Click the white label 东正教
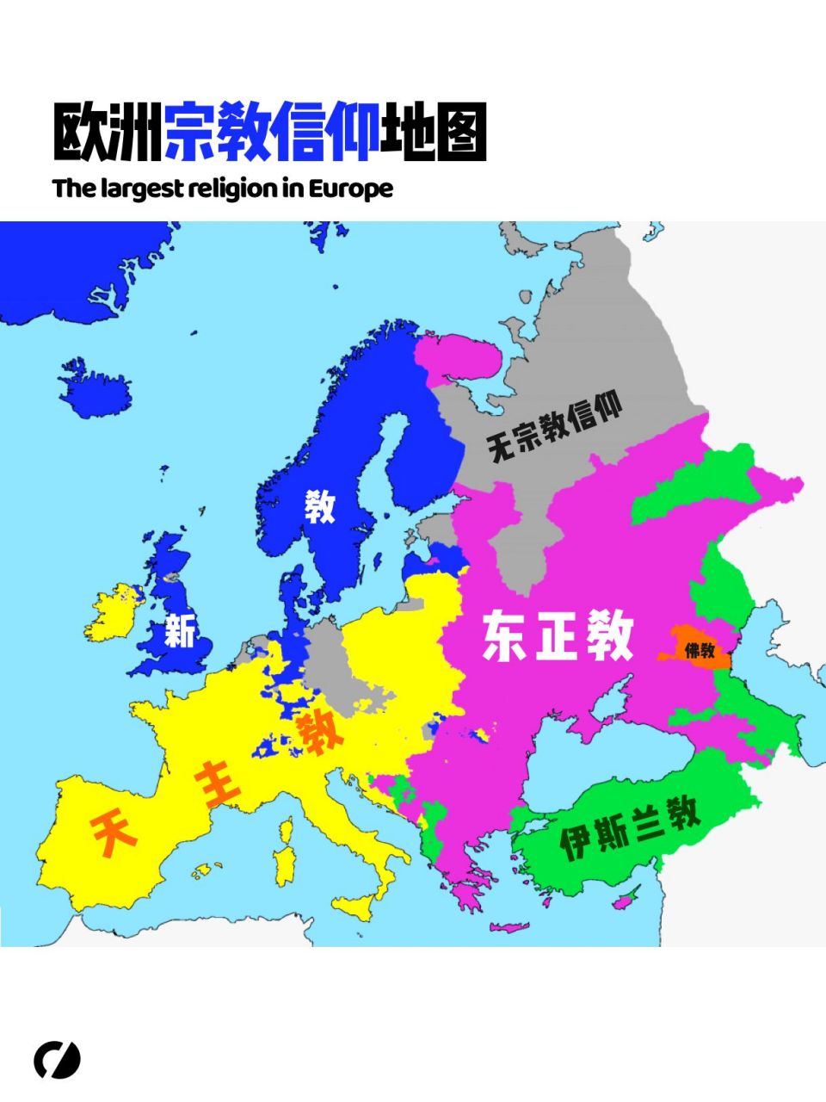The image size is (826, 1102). pos(558,636)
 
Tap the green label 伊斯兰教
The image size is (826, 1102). pos(630,827)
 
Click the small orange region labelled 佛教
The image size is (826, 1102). pos(699,650)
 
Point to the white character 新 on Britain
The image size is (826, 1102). pos(180,632)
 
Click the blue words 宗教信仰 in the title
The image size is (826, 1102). pos(271,133)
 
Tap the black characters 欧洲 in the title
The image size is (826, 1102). pos(107,133)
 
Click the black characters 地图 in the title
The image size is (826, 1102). pos(434,133)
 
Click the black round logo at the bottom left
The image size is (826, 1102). pos(57,1060)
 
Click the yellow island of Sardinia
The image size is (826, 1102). pos(285,865)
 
